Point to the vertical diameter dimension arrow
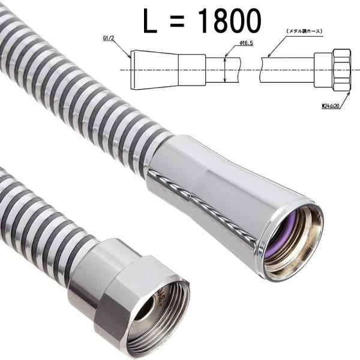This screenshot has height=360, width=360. pyautogui.click(x=226, y=69)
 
